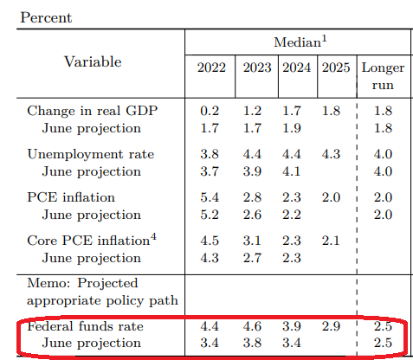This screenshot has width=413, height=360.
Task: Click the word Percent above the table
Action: pyautogui.click(x=46, y=17)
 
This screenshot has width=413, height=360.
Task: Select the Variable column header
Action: pyautogui.click(x=93, y=61)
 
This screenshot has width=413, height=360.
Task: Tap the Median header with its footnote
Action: pyautogui.click(x=300, y=42)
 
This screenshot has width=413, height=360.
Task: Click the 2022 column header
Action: pyautogui.click(x=211, y=67)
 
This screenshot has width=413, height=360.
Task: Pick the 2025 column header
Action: pyautogui.click(x=336, y=67)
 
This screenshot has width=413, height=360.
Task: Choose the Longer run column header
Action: pyautogui.click(x=383, y=76)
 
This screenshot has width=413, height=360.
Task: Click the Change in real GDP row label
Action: pyautogui.click(x=93, y=111)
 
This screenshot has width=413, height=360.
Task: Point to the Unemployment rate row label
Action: pyautogui.click(x=91, y=154)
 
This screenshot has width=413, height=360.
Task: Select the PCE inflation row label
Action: pyautogui.click(x=71, y=197)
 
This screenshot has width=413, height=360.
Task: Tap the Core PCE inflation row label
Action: pyautogui.click(x=92, y=240)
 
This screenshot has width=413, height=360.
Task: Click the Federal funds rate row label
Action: pyautogui.click(x=85, y=326)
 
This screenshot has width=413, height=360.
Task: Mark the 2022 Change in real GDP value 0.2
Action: pyautogui.click(x=210, y=111)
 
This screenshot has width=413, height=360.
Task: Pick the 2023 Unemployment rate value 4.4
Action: pyautogui.click(x=252, y=154)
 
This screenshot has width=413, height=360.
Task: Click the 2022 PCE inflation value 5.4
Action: pyautogui.click(x=210, y=197)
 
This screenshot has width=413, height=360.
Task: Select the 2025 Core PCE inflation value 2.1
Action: pyautogui.click(x=331, y=241)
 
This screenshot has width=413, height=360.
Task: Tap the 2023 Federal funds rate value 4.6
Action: pyautogui.click(x=252, y=326)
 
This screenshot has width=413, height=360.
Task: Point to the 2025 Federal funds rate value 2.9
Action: pyautogui.click(x=331, y=326)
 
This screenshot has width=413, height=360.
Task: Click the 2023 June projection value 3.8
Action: pyautogui.click(x=252, y=344)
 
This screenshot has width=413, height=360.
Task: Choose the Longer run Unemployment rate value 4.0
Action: pyautogui.click(x=383, y=154)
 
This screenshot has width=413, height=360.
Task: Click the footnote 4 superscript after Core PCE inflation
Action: pyautogui.click(x=153, y=237)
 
